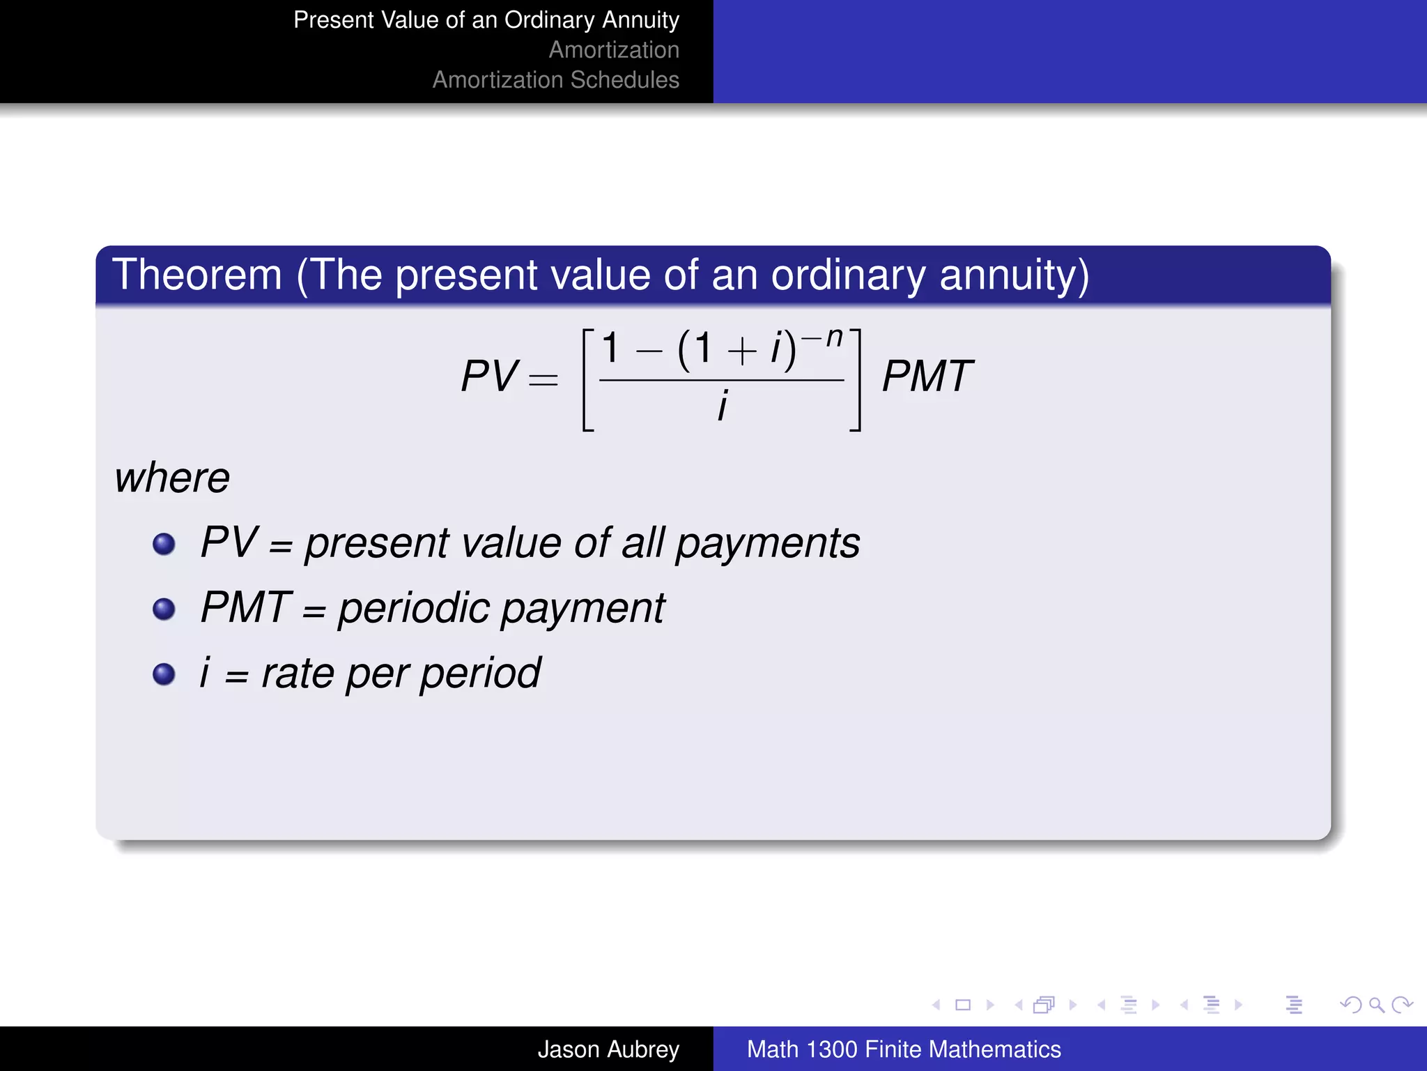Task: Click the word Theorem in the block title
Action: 197,275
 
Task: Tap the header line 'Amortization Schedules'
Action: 555,80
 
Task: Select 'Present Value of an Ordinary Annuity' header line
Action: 486,20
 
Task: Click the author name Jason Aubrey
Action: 608,1049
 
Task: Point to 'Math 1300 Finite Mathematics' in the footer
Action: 904,1049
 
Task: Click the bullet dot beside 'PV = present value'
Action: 164,544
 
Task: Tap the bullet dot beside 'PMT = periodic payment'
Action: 164,609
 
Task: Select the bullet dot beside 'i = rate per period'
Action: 164,674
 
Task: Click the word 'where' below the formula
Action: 172,478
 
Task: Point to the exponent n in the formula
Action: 834,337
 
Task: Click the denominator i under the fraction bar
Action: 723,406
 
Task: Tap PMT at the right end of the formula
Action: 927,377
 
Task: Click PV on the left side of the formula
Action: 489,377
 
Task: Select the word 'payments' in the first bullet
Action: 767,544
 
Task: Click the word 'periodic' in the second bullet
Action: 414,609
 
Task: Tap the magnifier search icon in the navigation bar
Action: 1376,1005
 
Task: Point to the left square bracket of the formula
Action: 588,380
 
